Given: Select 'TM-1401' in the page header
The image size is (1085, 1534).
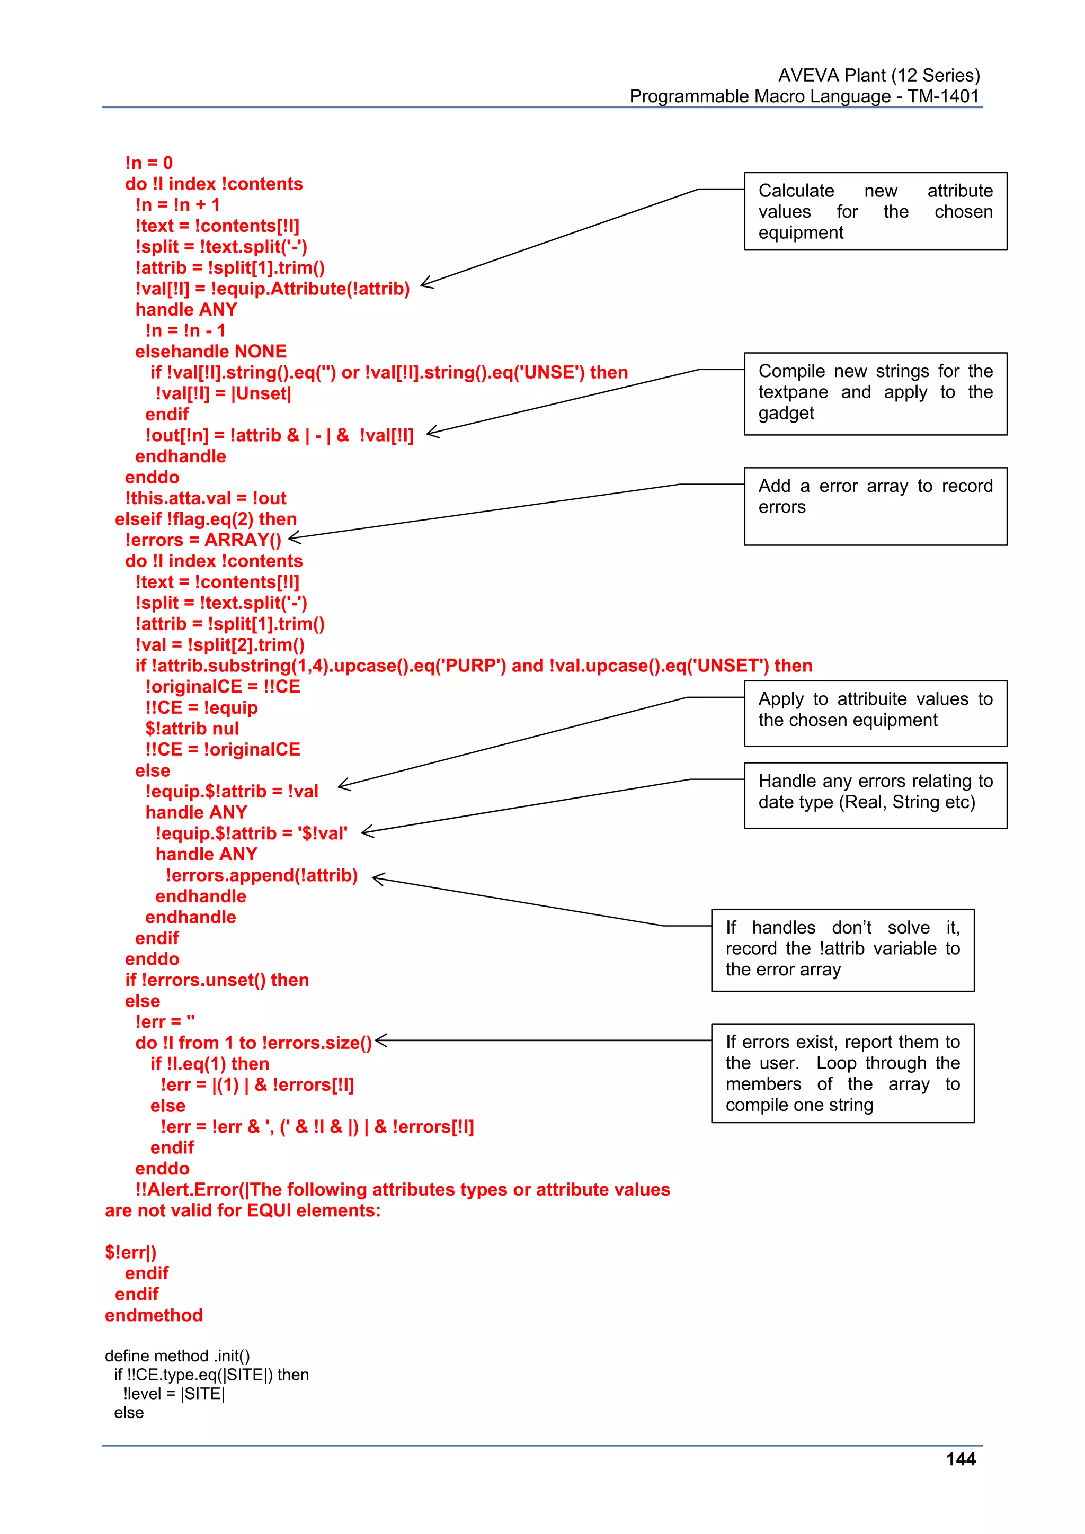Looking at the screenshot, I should coord(942,96).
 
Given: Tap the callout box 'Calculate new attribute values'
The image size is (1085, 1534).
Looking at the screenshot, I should coord(875,211).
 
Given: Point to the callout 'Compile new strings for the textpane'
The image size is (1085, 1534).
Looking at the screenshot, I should coord(875,393).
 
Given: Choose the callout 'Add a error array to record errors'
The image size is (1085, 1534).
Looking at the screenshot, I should coord(875,506).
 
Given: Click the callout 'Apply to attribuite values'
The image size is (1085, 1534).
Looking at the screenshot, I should coord(875,713).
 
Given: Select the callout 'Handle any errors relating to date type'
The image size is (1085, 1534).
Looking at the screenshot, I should coord(875,795).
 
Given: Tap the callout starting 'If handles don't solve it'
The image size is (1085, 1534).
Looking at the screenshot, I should coord(842,949).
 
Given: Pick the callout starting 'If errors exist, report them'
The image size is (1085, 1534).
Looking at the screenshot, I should coord(842,1073).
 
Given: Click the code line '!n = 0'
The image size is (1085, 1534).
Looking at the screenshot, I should coord(148,163).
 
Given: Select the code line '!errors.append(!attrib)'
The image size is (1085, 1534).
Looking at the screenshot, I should coord(261,875).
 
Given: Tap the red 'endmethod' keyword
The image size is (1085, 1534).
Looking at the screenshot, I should coord(154,1315).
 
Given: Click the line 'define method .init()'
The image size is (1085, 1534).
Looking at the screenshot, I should coord(177,1356).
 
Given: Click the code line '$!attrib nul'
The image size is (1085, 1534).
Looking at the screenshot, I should coord(192,728).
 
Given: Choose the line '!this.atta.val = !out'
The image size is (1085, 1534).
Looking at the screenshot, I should coord(205,498).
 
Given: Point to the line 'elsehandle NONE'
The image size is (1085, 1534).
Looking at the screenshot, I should coord(210,352).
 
